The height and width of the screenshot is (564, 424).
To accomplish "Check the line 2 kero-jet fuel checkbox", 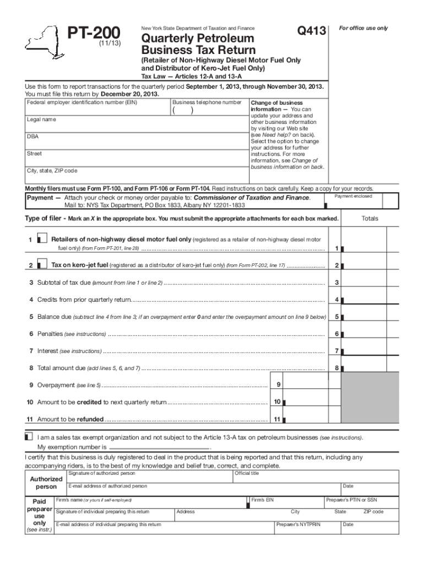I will [41, 265].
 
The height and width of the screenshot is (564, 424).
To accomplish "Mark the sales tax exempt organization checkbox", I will [29, 436].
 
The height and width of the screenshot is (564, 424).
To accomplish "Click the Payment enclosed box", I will [353, 201].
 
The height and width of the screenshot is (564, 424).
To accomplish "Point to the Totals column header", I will [369, 219].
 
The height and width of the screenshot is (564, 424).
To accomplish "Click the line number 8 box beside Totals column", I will [336, 368].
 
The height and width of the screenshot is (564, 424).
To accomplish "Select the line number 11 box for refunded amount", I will [277, 419].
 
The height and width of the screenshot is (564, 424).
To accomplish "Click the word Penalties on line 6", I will [50, 334].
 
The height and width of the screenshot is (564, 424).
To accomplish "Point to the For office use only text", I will [363, 28].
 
